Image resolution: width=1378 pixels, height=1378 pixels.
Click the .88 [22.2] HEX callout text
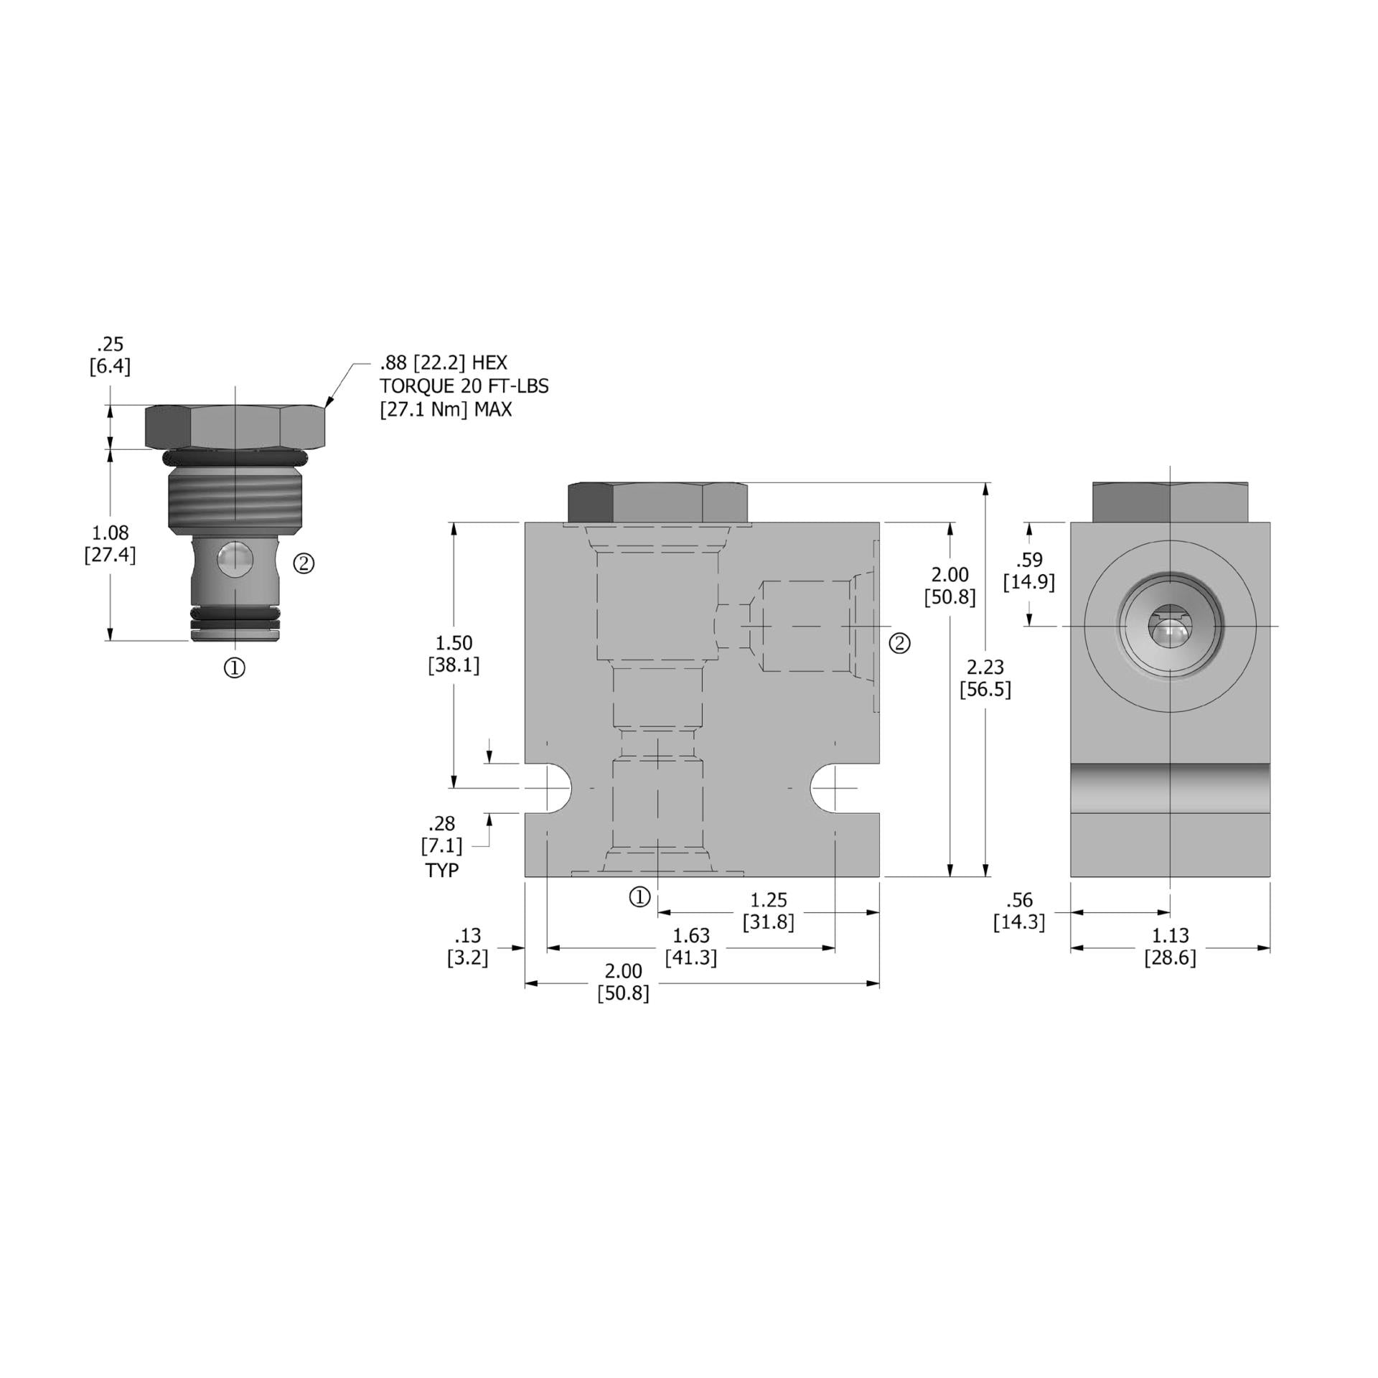[444, 362]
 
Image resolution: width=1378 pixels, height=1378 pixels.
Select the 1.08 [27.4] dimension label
[110, 543]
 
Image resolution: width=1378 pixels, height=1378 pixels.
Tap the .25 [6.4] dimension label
[110, 355]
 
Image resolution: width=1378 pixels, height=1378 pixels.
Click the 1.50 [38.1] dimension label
[454, 654]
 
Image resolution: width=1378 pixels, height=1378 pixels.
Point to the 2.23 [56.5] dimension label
[985, 678]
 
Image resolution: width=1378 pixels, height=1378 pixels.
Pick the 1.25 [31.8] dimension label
[768, 910]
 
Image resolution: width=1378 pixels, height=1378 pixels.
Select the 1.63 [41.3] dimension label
[690, 946]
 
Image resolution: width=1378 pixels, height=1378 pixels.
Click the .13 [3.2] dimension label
[467, 946]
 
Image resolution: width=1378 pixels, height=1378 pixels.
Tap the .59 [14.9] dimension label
[1028, 571]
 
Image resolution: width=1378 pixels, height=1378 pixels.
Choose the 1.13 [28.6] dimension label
[1170, 946]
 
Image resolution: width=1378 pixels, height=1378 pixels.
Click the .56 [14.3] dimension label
[1019, 910]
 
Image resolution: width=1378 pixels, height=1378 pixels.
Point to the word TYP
[441, 871]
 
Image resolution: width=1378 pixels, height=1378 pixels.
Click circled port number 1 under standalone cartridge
[235, 668]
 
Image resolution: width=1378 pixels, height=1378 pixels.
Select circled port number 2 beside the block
[900, 643]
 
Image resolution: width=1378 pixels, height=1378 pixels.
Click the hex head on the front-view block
[657, 502]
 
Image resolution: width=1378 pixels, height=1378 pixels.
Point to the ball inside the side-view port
[1169, 634]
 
